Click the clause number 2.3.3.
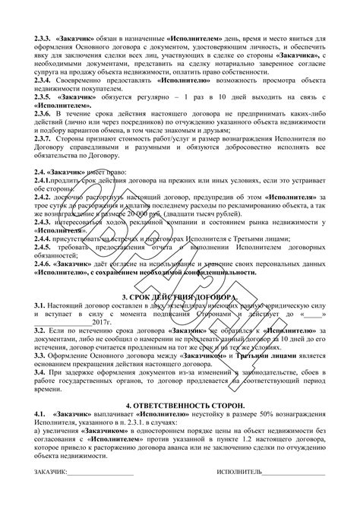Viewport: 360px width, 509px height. (x=43, y=36)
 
